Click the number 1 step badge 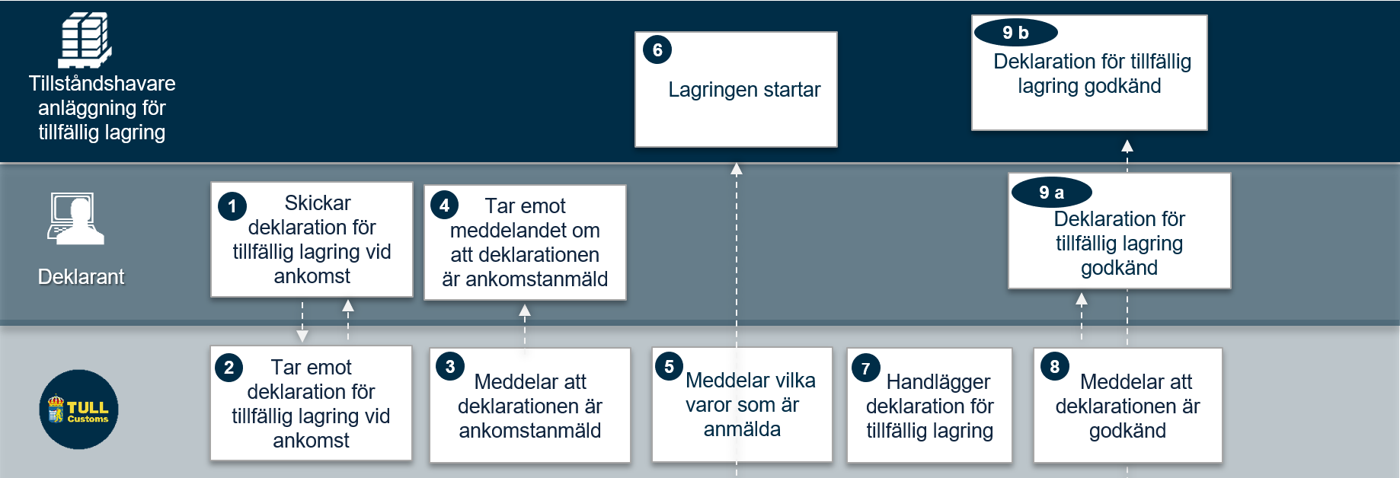232,206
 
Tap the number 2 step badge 229,368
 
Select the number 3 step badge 450,367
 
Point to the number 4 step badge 444,205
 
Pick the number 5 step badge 669,366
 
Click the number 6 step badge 657,50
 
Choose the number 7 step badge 866,368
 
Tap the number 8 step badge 1055,367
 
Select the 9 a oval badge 1052,193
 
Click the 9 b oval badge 1015,33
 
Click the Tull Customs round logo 79,409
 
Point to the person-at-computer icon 76,218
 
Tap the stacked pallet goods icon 85,40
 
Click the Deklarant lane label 81,277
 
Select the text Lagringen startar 744,90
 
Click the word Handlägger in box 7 938,382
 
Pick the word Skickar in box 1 318,203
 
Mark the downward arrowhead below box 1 302,336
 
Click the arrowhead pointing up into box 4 525,310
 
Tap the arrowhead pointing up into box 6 737,169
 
